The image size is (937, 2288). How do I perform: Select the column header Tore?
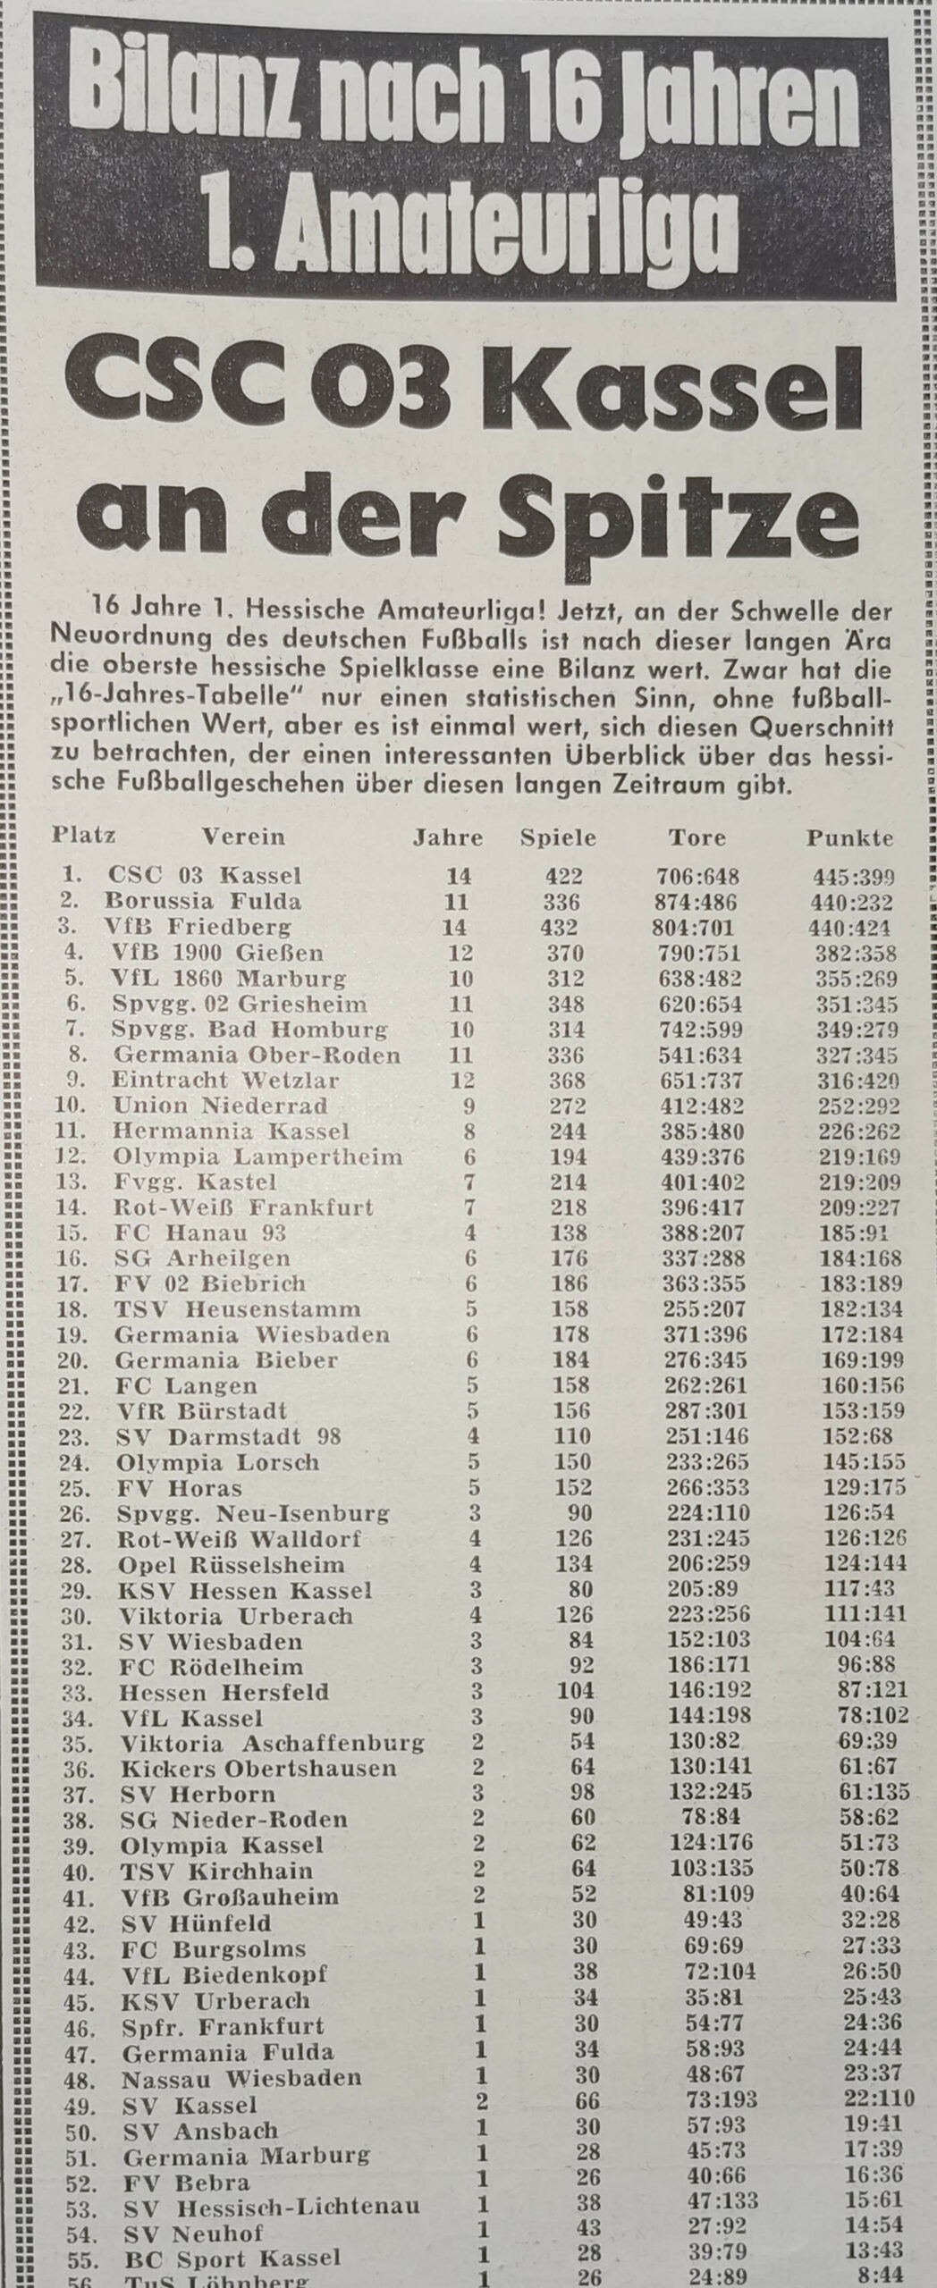696,838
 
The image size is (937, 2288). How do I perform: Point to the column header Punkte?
849,838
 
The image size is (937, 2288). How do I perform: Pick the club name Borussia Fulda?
203,900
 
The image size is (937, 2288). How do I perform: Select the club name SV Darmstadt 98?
231,1437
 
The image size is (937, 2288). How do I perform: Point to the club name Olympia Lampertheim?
257,1157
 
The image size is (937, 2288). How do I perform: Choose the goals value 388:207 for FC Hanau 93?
706,1233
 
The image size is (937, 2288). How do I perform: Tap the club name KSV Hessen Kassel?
244,1590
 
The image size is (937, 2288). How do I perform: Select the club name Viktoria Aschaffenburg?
270,1744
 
